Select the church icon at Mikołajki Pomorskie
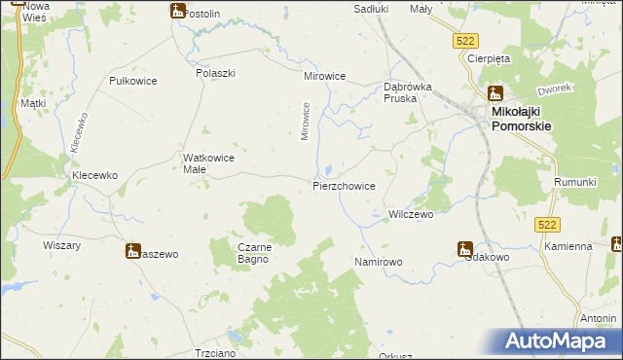(x=494, y=95)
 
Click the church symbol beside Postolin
(x=177, y=12)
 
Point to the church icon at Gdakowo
(x=465, y=249)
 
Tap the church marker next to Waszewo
(x=132, y=251)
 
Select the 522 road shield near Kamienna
(x=547, y=225)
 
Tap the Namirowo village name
(x=379, y=263)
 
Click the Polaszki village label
(x=216, y=73)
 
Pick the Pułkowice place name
(x=134, y=81)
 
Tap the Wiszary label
(x=61, y=246)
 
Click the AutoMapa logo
(x=560, y=342)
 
